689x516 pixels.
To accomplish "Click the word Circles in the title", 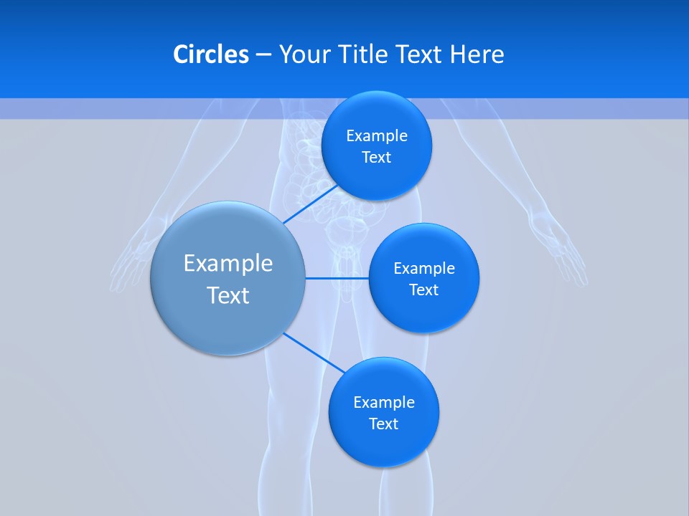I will click(x=210, y=54).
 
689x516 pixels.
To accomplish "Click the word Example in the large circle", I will click(x=228, y=264).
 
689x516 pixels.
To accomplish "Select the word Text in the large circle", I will click(x=228, y=295).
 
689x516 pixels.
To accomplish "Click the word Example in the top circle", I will click(x=377, y=135).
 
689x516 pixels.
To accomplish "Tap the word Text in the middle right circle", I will click(x=423, y=290).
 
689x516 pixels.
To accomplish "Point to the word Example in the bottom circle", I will click(x=384, y=402).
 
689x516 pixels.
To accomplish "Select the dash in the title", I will click(x=263, y=55).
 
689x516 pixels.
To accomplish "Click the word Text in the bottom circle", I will click(x=383, y=424).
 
